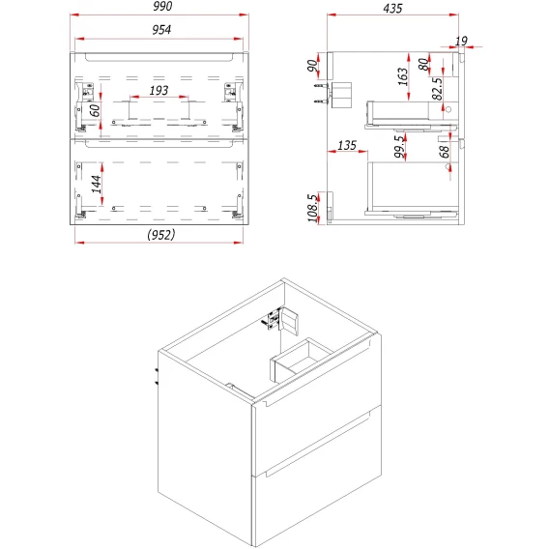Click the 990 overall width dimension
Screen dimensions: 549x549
pyautogui.click(x=162, y=6)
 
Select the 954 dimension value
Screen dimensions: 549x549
pyautogui.click(x=161, y=30)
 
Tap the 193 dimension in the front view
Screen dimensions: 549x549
pyautogui.click(x=159, y=91)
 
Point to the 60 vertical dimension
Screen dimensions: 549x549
pyautogui.click(x=95, y=110)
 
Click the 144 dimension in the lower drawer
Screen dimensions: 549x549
pyautogui.click(x=97, y=185)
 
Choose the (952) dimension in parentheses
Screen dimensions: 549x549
pyautogui.click(x=160, y=235)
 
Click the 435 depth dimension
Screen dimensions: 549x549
pyautogui.click(x=392, y=8)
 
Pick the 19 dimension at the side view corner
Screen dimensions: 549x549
pyautogui.click(x=461, y=42)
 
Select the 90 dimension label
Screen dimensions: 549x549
pyautogui.click(x=312, y=66)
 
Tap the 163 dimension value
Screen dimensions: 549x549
pyautogui.click(x=403, y=76)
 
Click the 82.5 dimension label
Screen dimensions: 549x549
pyautogui.click(x=437, y=89)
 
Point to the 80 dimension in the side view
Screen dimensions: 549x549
pyautogui.click(x=423, y=64)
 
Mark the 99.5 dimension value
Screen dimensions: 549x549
pyautogui.click(x=399, y=146)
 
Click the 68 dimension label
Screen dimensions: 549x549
pyautogui.click(x=444, y=152)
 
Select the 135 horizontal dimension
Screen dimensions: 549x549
pyautogui.click(x=347, y=145)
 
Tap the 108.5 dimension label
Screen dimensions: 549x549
pyautogui.click(x=313, y=208)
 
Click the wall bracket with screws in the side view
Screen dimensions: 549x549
pyautogui.click(x=332, y=94)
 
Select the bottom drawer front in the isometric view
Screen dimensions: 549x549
pyautogui.click(x=317, y=477)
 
